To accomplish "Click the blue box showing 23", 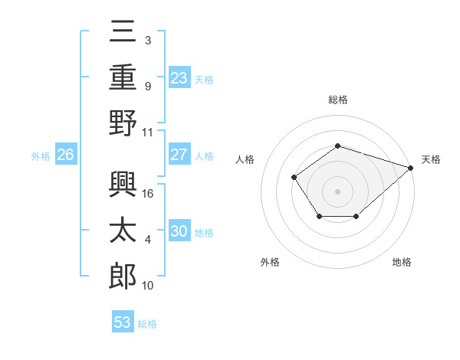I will click(x=179, y=77).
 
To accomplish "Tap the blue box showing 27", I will click(x=179, y=155).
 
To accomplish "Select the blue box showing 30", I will click(x=179, y=231).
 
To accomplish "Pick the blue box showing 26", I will click(x=65, y=155).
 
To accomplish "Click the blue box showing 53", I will click(x=123, y=322).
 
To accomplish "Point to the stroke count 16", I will click(x=149, y=193).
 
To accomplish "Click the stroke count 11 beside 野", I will click(x=148, y=132).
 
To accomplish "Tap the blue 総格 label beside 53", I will click(x=147, y=324).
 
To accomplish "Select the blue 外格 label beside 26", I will click(x=41, y=156).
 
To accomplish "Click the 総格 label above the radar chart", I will click(x=337, y=100).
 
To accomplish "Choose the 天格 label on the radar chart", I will click(x=431, y=159).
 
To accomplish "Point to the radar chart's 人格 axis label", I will click(x=245, y=159).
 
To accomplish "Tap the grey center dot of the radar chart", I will click(x=337, y=191).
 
